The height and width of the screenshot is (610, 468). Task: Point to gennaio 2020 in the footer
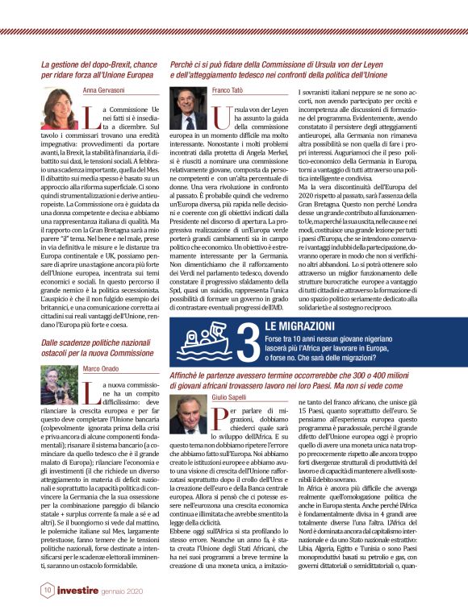pos(123,590)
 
